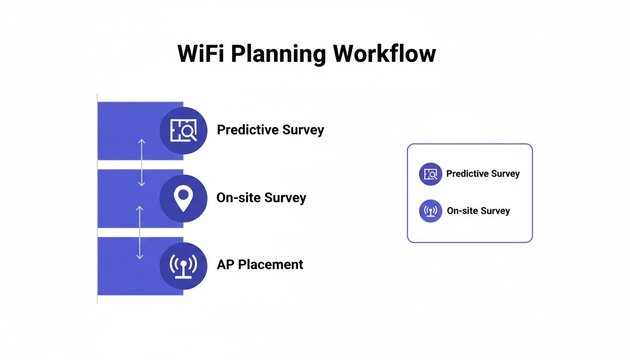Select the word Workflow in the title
pos(384,54)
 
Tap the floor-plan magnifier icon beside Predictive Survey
pos(183,130)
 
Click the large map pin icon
pos(183,198)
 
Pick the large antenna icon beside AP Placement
pos(183,266)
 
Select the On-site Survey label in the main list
pos(261,198)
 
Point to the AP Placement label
pos(260,265)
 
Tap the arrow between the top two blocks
pos(142,163)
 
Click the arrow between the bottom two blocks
pos(139,232)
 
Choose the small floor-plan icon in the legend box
pos(430,174)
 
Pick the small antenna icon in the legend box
pos(430,211)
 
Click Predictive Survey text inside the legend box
pos(483,174)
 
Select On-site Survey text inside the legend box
pos(478,211)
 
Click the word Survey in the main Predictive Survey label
pos(303,130)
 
